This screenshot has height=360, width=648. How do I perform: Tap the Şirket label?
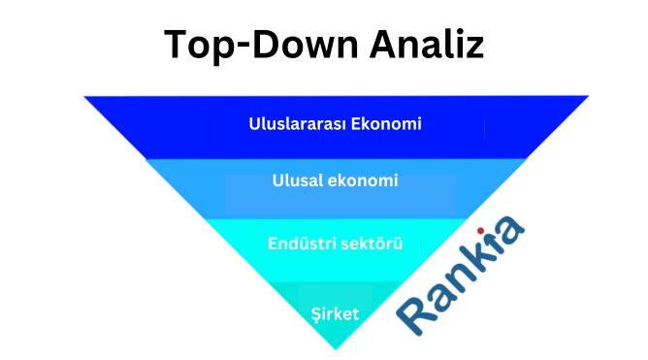(x=335, y=313)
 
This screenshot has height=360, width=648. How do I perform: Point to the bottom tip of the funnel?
(x=336, y=348)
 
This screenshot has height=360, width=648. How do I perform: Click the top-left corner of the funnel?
(x=85, y=96)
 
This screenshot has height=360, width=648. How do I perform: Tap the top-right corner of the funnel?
(x=588, y=96)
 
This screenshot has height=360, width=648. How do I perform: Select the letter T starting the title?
(x=176, y=46)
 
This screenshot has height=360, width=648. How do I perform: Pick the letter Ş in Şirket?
(x=315, y=313)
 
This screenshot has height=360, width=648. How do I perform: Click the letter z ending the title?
(x=474, y=49)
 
